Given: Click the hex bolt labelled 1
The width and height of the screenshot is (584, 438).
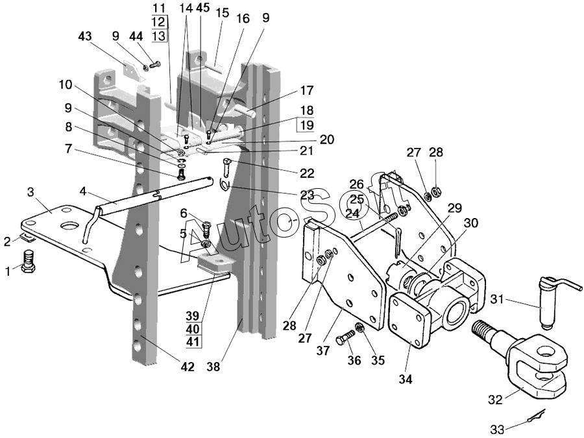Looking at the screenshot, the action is [29, 262].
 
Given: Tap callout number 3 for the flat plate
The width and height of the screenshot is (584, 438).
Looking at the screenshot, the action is [30, 193].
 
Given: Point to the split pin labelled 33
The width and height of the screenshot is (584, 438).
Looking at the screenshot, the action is [537, 416].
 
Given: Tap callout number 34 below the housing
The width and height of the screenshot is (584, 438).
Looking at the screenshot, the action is [406, 380].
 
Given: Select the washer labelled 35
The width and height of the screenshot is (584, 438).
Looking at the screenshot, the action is [359, 328].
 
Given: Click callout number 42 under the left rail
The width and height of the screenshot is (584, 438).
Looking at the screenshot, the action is [188, 367].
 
